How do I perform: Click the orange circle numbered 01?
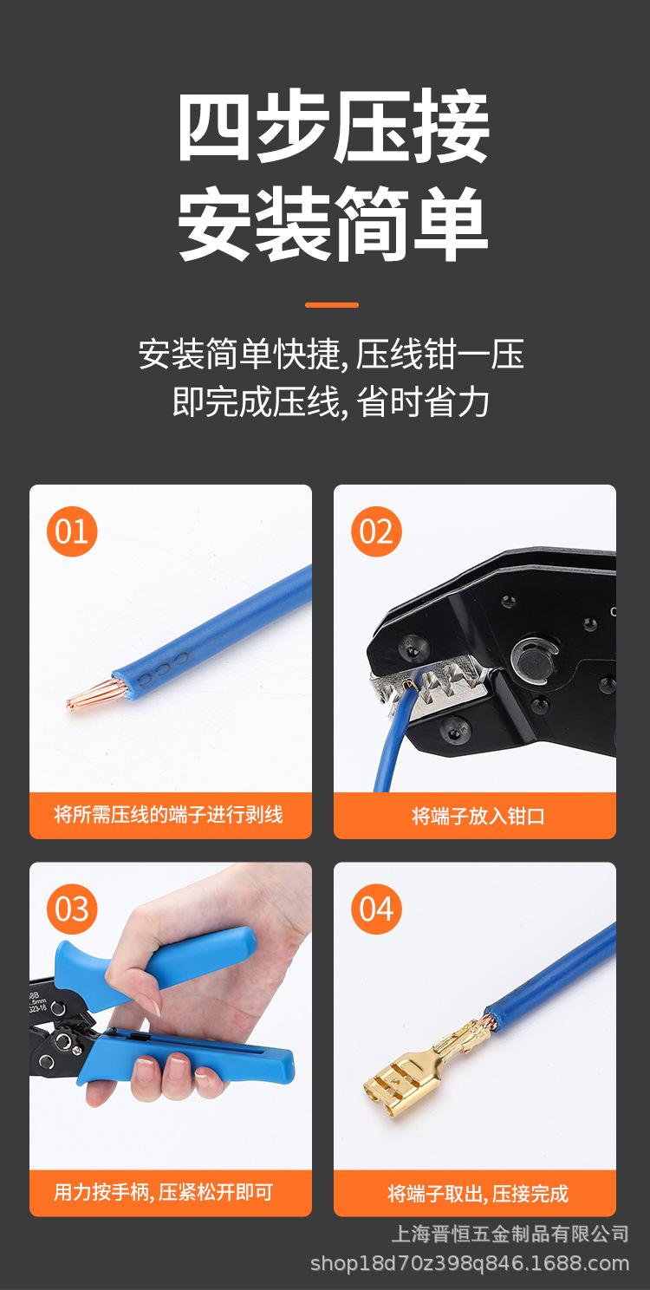72,531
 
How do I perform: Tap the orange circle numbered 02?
376,531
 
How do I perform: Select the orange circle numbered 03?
72,909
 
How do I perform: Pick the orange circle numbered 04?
376,909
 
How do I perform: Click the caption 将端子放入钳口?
478,816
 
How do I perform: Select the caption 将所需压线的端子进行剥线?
169,815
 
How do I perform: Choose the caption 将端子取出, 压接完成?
478,1194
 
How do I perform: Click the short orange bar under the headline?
332,305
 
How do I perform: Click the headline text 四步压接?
334,131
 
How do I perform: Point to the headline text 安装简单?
334,227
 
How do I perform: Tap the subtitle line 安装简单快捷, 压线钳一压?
332,355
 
